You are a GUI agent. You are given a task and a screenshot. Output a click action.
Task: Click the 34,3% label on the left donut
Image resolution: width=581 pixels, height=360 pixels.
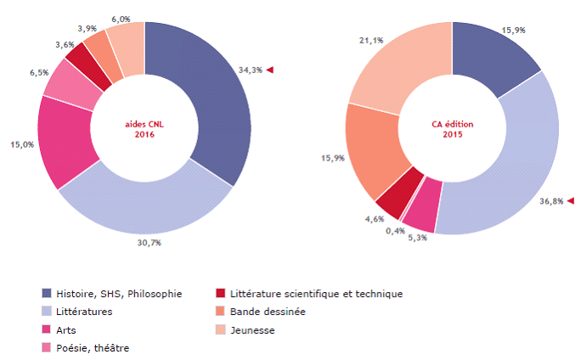pos(251,70)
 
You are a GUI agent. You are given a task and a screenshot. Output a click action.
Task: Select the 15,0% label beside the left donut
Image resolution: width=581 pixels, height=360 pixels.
pos(22,144)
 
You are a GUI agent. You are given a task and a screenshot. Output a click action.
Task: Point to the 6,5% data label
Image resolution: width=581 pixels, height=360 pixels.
pos(39,73)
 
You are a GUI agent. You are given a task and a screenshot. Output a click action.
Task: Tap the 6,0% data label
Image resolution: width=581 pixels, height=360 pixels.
pos(120,19)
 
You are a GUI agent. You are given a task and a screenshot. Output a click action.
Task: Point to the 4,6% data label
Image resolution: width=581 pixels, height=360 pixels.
pos(375,219)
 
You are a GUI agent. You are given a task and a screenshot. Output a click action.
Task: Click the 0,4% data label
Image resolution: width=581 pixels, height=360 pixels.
pos(396,231)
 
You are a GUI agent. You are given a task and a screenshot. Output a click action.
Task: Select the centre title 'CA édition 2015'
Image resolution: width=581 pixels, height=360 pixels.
pos(452,128)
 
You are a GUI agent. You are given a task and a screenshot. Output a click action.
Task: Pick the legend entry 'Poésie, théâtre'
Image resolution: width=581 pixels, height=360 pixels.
pos(93,347)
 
